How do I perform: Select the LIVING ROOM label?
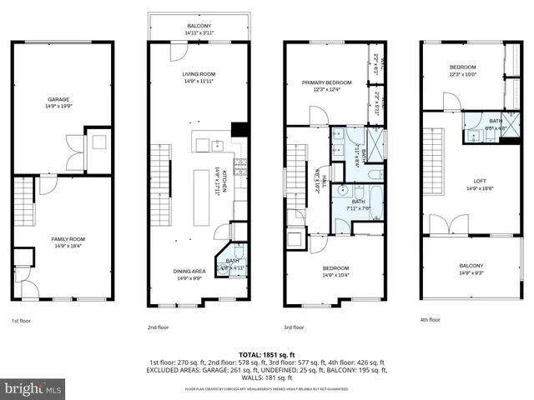tap(199, 75)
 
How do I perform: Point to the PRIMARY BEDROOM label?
tap(326, 82)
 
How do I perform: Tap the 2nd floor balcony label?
tap(199, 26)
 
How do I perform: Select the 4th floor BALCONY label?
tap(471, 267)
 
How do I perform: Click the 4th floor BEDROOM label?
tap(462, 67)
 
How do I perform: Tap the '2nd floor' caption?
tap(159, 327)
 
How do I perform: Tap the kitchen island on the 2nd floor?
tap(201, 197)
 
